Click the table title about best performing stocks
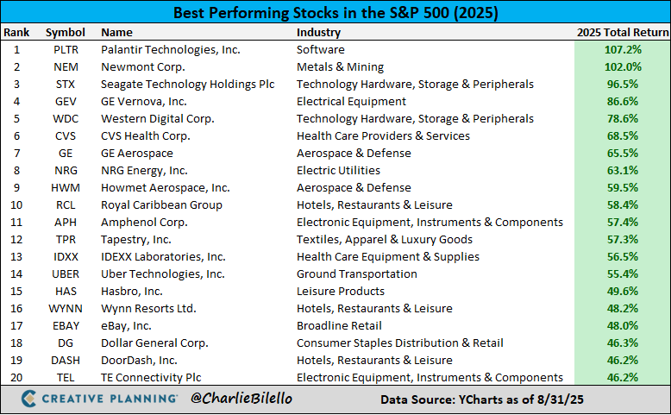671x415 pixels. (335, 13)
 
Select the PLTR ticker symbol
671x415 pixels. (66, 50)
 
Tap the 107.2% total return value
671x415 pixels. (622, 50)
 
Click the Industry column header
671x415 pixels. (318, 33)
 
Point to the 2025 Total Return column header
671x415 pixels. (622, 33)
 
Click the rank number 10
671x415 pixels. (16, 205)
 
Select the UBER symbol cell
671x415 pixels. (66, 274)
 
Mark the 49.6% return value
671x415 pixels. (622, 292)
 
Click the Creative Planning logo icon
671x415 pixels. (28, 399)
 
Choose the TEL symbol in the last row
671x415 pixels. (66, 378)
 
